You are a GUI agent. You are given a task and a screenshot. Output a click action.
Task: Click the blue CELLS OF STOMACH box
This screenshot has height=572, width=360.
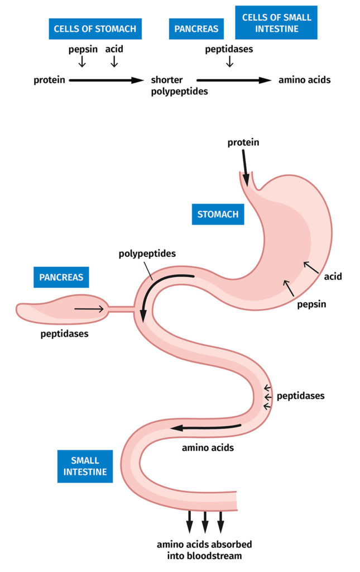click(94, 28)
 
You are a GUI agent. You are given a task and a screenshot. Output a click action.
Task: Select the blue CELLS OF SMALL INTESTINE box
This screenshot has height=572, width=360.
click(276, 22)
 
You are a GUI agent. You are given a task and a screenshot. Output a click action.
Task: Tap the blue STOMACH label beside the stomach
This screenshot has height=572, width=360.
click(218, 214)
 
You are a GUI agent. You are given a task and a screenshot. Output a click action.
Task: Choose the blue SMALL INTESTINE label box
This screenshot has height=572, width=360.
click(85, 466)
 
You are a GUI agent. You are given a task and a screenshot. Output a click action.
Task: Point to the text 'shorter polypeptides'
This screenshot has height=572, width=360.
click(179, 85)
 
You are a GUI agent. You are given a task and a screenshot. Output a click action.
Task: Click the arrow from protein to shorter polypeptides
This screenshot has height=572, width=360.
click(107, 80)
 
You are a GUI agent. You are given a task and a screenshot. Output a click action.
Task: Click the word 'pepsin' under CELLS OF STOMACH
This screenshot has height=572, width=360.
click(82, 49)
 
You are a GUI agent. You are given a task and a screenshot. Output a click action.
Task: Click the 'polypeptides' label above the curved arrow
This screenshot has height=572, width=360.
click(147, 254)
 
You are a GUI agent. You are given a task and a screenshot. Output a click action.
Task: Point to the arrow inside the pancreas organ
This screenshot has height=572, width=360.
click(89, 308)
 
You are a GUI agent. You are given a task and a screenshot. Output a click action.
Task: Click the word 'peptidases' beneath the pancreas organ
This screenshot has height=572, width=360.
click(64, 334)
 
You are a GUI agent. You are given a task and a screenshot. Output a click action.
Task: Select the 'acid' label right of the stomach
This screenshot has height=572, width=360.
click(332, 276)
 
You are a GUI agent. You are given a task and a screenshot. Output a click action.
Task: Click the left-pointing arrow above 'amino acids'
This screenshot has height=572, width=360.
click(206, 427)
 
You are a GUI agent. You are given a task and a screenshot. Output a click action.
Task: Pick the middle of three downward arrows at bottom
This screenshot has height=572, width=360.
click(205, 522)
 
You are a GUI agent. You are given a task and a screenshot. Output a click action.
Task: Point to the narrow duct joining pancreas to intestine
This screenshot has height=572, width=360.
click(122, 308)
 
